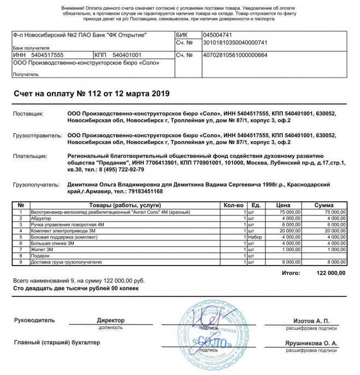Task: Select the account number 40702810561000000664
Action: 235,55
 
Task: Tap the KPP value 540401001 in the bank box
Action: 127,55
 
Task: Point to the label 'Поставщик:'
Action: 28,114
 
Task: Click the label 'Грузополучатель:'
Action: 36,185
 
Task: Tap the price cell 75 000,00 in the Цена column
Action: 290,212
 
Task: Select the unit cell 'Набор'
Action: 255,237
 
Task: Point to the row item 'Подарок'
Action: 41,256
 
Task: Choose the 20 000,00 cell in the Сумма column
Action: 335,231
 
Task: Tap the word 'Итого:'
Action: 292,272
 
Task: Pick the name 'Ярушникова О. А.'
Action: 311,343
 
